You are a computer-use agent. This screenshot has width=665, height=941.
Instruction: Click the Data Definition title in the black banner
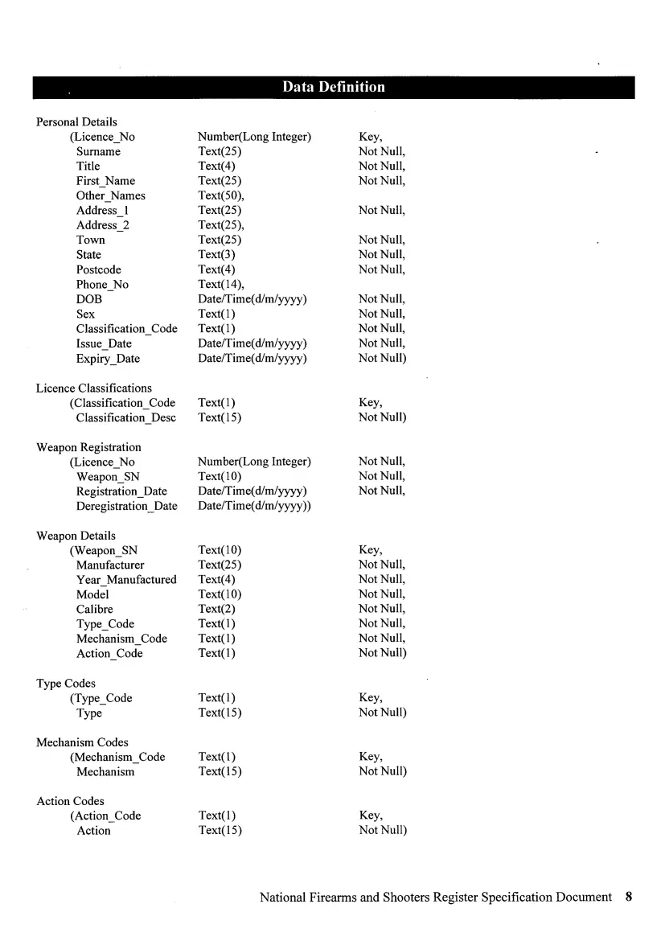click(333, 87)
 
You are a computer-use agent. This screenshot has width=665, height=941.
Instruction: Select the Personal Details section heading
click(76, 122)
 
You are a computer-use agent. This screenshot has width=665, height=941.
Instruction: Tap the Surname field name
click(98, 152)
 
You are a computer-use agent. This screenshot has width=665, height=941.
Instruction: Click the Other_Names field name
click(111, 196)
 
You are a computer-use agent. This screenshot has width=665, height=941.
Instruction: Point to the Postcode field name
click(99, 269)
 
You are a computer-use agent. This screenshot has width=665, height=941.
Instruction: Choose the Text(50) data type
click(220, 196)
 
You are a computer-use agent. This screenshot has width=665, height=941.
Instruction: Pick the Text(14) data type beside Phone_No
click(220, 285)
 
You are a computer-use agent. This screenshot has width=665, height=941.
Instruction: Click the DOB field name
click(89, 299)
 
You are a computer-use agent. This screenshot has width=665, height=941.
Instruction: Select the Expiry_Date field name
click(108, 359)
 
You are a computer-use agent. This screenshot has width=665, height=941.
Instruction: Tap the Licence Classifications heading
click(94, 388)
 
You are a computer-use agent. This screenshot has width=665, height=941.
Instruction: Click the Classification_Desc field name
click(126, 418)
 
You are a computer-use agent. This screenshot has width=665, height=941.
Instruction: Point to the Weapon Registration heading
click(88, 447)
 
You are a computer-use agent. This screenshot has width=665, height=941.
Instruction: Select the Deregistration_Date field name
click(127, 507)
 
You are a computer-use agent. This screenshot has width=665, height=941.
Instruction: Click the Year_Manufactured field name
click(126, 580)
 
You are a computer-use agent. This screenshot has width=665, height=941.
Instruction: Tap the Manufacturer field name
click(110, 565)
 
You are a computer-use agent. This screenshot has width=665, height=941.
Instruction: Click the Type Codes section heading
click(66, 684)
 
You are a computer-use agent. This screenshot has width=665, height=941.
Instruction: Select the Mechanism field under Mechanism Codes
click(105, 772)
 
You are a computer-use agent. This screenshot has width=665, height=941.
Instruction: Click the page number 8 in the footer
click(629, 897)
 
